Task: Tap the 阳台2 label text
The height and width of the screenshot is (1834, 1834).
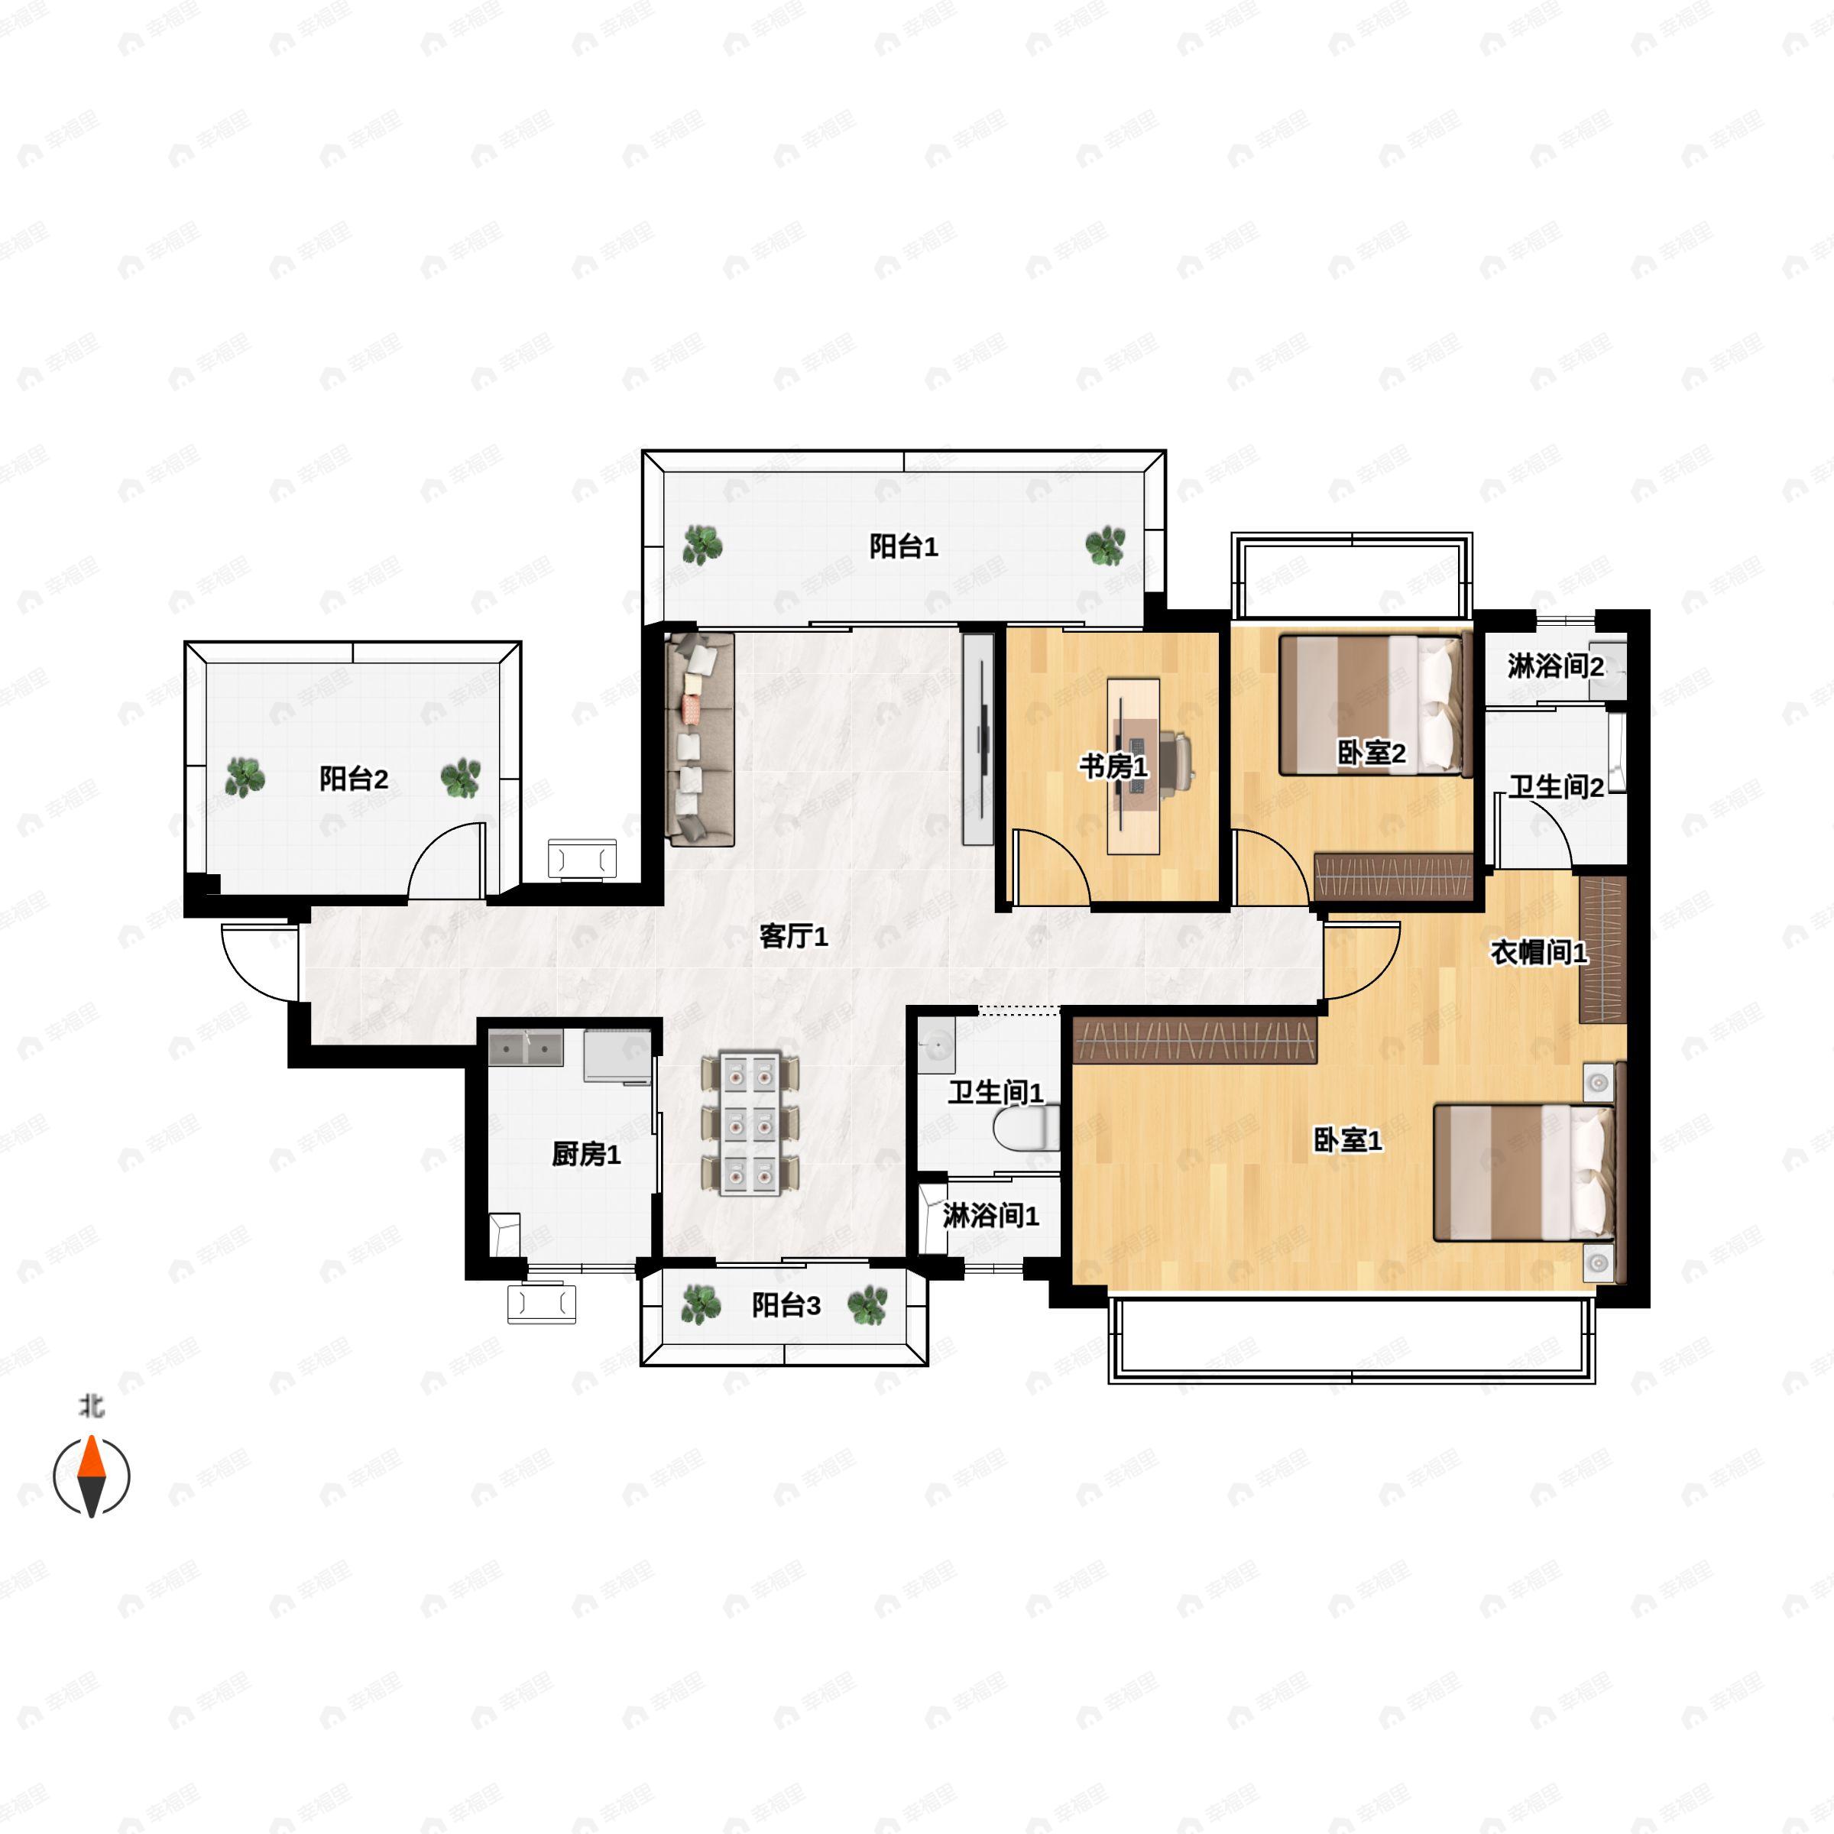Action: [353, 779]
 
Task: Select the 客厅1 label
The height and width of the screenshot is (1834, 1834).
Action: [794, 937]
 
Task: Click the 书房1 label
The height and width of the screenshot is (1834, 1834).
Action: [1113, 766]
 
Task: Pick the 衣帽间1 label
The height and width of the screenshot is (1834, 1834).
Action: [1538, 952]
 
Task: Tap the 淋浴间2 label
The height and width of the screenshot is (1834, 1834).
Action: [1555, 666]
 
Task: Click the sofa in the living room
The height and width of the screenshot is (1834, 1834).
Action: [701, 738]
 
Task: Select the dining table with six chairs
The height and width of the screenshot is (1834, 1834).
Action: [750, 1123]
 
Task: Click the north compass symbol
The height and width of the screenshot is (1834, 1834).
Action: [91, 1476]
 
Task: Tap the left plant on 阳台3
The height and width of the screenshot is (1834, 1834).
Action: [701, 1304]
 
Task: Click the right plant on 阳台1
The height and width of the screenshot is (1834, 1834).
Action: [1105, 546]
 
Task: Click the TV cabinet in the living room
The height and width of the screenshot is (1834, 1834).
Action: [978, 738]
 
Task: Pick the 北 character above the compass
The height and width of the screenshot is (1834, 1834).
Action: [91, 1406]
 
